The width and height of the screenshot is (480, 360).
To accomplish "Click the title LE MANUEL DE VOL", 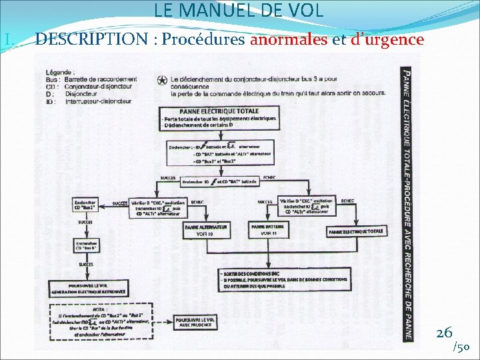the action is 239,11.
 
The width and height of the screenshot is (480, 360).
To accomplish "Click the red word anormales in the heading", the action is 289,40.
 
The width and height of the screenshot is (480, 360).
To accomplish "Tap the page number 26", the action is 444,331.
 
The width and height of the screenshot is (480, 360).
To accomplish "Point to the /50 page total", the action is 461,347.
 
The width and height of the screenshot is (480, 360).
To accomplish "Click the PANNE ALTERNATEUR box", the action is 206,230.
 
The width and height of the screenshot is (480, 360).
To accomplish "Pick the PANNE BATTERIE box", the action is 268,231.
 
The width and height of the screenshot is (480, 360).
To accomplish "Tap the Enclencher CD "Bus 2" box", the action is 86,205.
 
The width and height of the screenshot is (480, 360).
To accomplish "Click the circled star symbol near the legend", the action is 163,81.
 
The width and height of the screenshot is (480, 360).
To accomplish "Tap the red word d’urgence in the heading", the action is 387,40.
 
